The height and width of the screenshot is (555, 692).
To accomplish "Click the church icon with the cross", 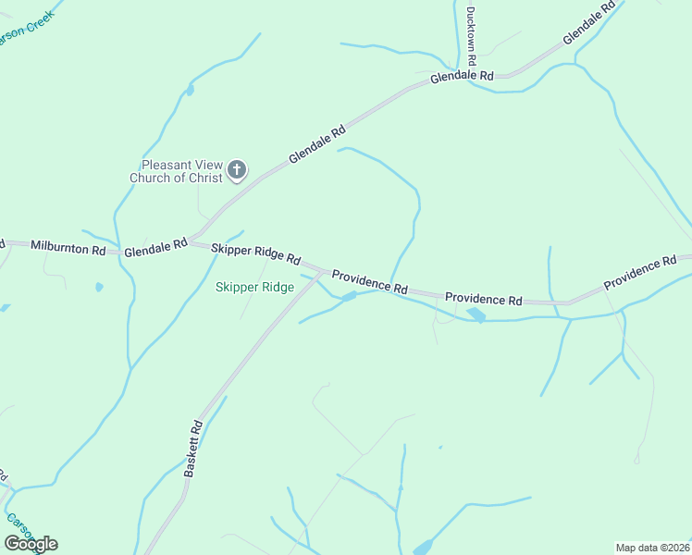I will (237, 169).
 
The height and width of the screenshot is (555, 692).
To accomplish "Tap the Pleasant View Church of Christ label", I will (176, 170).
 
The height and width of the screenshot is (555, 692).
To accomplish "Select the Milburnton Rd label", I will (68, 247).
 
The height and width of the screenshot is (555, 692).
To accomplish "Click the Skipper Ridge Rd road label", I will (256, 253).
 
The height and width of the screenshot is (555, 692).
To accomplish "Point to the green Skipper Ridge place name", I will (254, 288).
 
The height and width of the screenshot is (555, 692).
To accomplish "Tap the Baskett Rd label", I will (192, 449).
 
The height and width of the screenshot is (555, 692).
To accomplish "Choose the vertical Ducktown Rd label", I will (471, 35).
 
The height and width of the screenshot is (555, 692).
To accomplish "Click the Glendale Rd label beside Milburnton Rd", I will (155, 248).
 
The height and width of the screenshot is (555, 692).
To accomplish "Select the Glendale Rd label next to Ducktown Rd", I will (462, 77).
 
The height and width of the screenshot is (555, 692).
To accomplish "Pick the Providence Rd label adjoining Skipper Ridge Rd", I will (370, 282).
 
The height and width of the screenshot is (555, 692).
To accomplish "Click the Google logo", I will (31, 544).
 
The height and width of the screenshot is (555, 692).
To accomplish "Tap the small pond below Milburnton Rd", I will (99, 287).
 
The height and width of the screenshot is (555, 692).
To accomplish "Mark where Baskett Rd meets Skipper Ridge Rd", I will (322, 272).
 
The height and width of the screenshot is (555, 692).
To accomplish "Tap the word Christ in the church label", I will (206, 178).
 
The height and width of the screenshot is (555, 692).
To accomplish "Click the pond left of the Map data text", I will (422, 547).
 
